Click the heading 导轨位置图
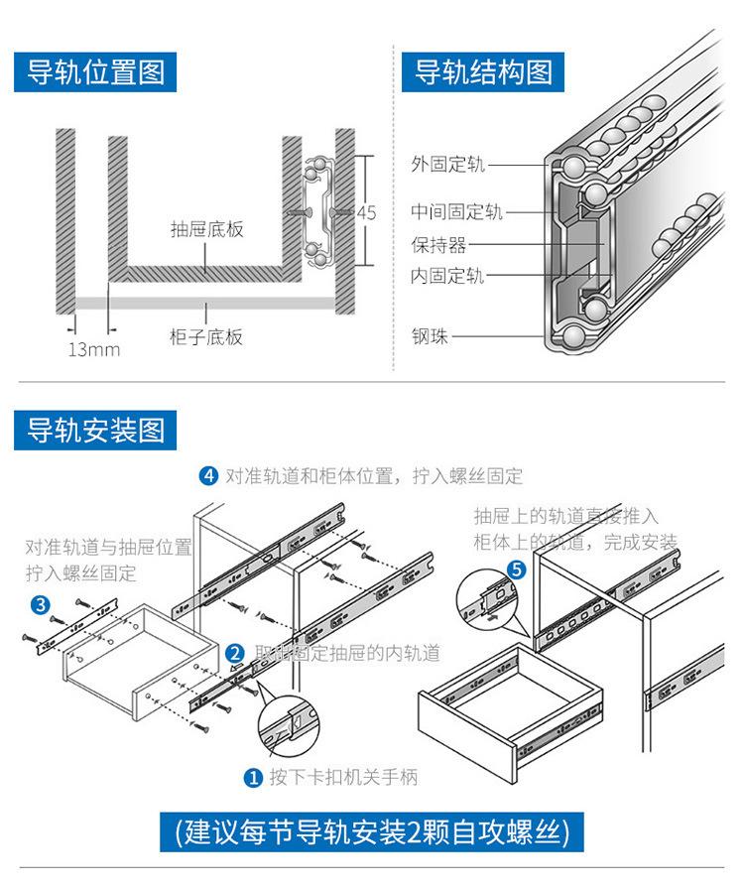tap(95, 72)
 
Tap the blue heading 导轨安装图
tap(95, 431)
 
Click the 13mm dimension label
tap(93, 348)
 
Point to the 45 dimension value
tap(366, 212)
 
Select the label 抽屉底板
tap(206, 230)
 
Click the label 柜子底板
tap(206, 337)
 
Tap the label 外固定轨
tap(448, 165)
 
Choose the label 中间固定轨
tap(457, 211)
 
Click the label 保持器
tap(438, 245)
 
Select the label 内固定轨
tap(448, 277)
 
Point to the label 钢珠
tap(431, 337)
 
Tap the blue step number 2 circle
tap(235, 654)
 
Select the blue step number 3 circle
tap(41, 605)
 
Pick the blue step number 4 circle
tap(208, 476)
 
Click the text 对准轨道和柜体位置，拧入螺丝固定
tap(373, 476)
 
